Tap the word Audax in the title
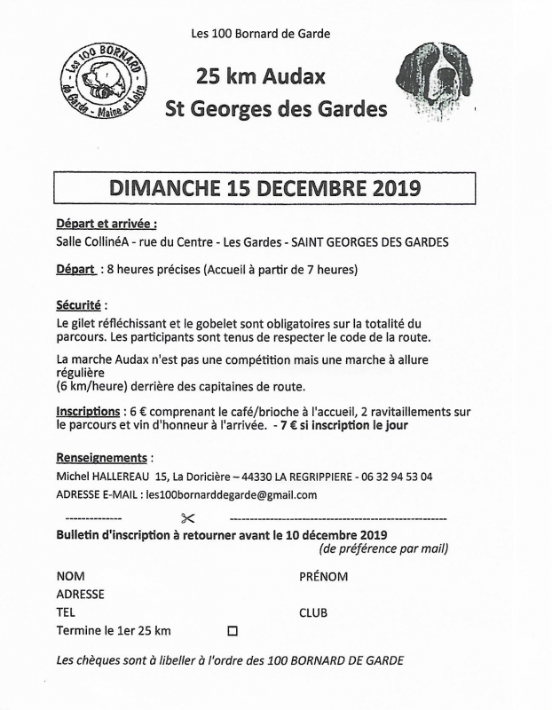pos(296,76)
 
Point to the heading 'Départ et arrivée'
pos(106,225)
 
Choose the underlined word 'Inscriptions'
pos(88,412)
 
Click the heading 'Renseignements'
pos(100,458)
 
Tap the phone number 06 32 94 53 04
pos(397,477)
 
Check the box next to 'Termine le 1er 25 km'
pos(233,632)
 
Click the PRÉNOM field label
pos(323,577)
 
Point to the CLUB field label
pos(313,612)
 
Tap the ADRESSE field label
pos(80,595)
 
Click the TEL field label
pos(66,612)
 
